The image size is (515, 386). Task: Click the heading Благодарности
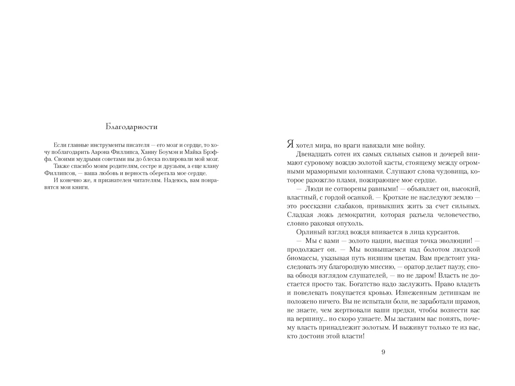click(x=132, y=126)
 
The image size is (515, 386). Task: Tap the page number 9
click(x=383, y=352)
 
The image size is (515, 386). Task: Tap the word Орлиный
click(x=310, y=232)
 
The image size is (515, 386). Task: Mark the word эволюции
click(x=451, y=240)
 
